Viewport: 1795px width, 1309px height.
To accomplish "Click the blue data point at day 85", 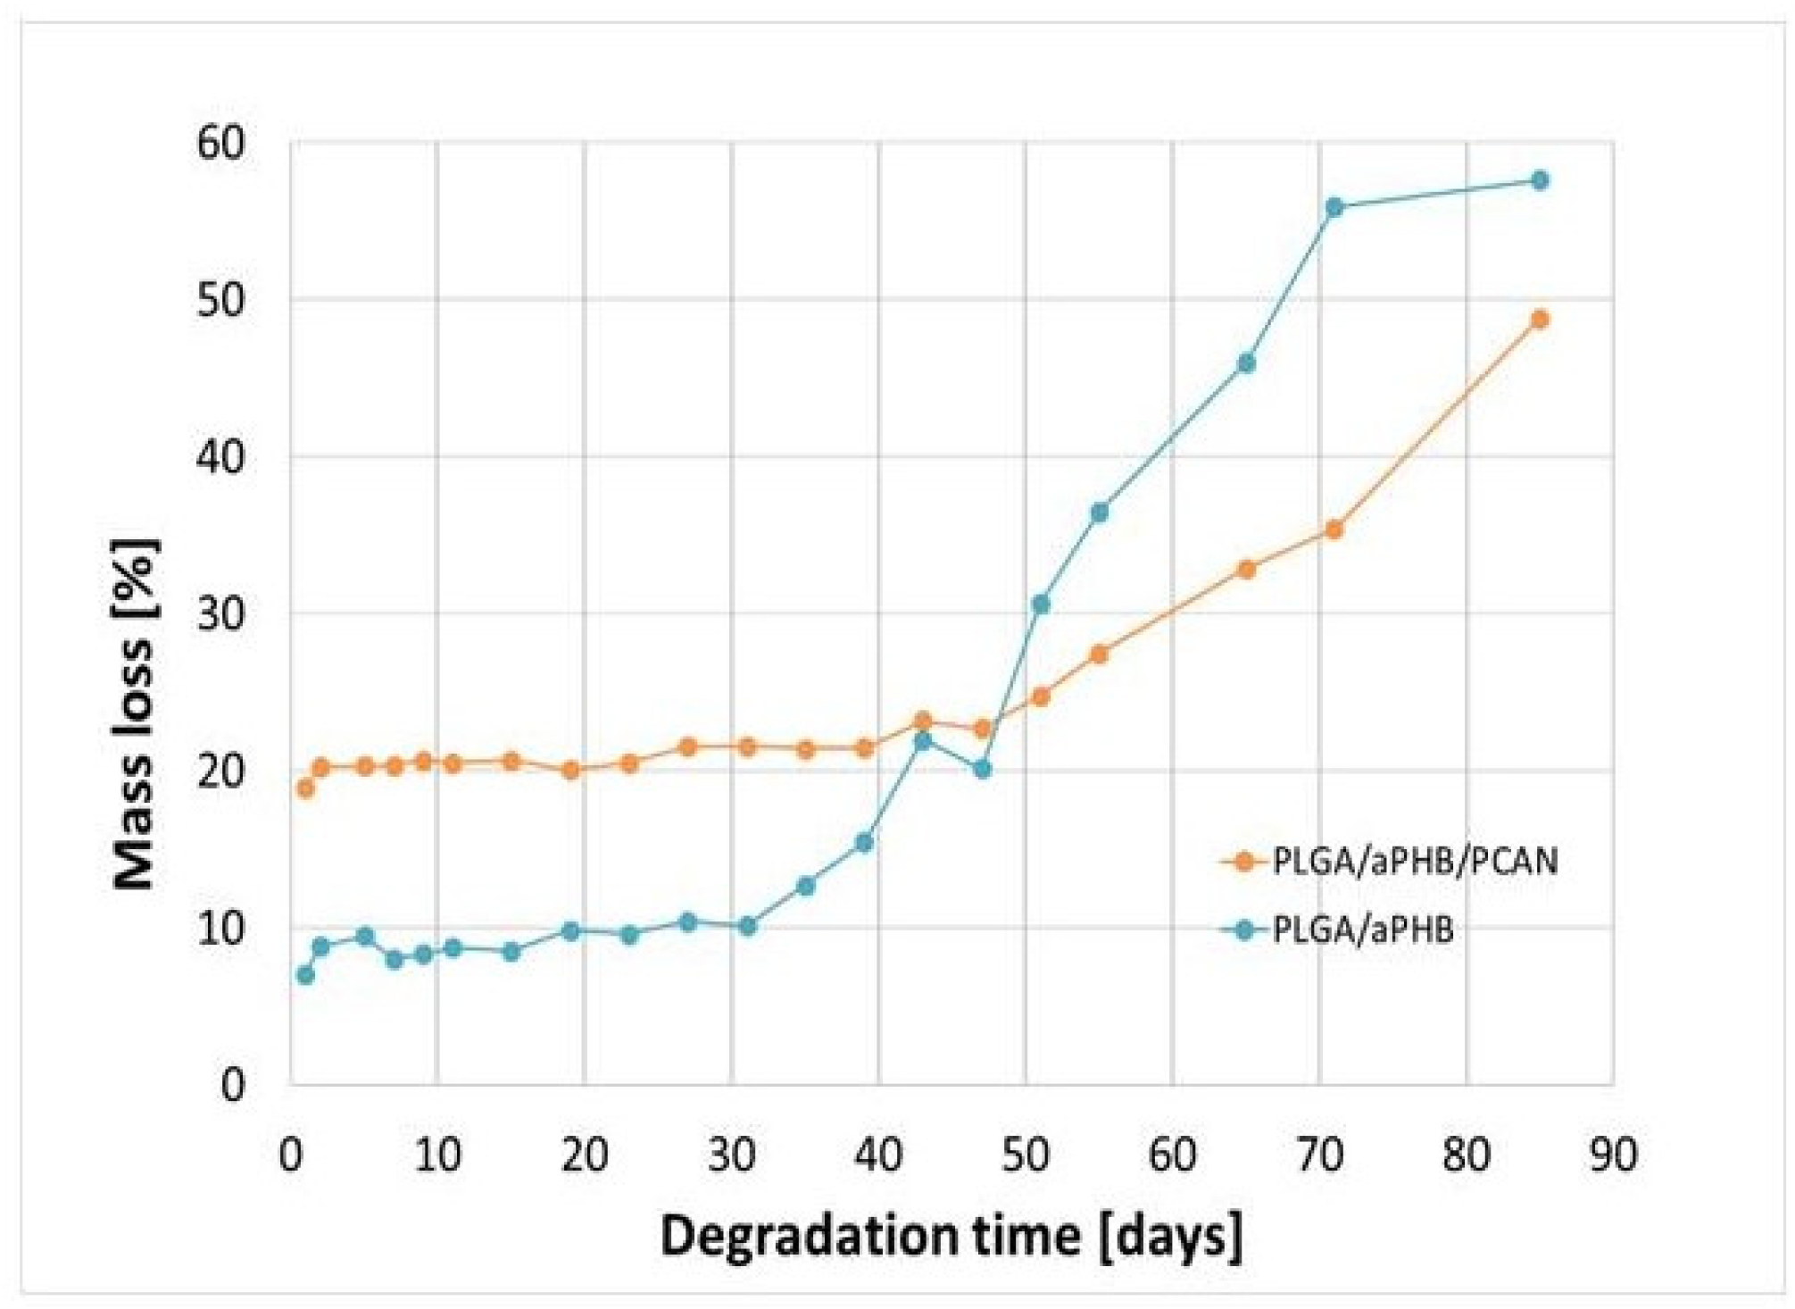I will pyautogui.click(x=1539, y=180).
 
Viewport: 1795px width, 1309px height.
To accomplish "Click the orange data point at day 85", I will pyautogui.click(x=1539, y=320).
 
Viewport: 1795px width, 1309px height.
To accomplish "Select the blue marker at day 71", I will pyautogui.click(x=1334, y=208).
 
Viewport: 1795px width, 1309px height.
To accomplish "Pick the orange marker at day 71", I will pyautogui.click(x=1334, y=529).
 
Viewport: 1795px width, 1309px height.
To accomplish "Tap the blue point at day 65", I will pyautogui.click(x=1247, y=363).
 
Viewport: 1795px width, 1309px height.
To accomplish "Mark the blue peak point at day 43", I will pyautogui.click(x=923, y=741).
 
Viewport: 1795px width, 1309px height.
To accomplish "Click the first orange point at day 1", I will pyautogui.click(x=305, y=788).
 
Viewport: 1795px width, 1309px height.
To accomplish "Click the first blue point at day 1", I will pyautogui.click(x=305, y=975).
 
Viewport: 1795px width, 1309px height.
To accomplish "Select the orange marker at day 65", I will pyautogui.click(x=1247, y=569).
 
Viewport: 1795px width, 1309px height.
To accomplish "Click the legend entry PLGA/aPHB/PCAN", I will pyautogui.click(x=1414, y=862).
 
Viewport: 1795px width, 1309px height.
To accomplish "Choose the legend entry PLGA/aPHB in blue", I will pyautogui.click(x=1362, y=930).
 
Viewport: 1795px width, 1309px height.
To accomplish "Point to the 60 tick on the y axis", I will pyautogui.click(x=220, y=143).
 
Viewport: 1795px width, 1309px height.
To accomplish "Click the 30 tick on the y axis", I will pyautogui.click(x=220, y=614).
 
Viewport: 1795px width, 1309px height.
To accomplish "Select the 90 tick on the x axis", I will pyautogui.click(x=1612, y=1155).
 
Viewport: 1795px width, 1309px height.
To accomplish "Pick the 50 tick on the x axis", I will pyautogui.click(x=1025, y=1155).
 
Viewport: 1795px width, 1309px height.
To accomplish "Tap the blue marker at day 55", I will pyautogui.click(x=1100, y=513).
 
